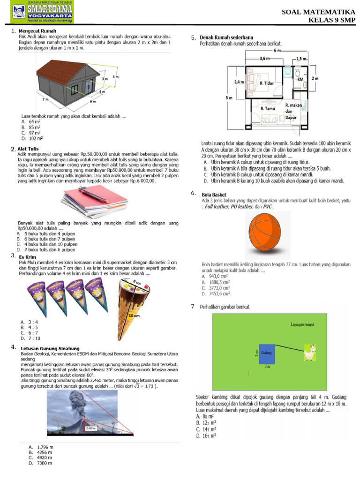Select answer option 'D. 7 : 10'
tap(30, 338)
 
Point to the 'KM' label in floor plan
tap(300, 79)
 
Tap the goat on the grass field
tap(309, 352)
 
